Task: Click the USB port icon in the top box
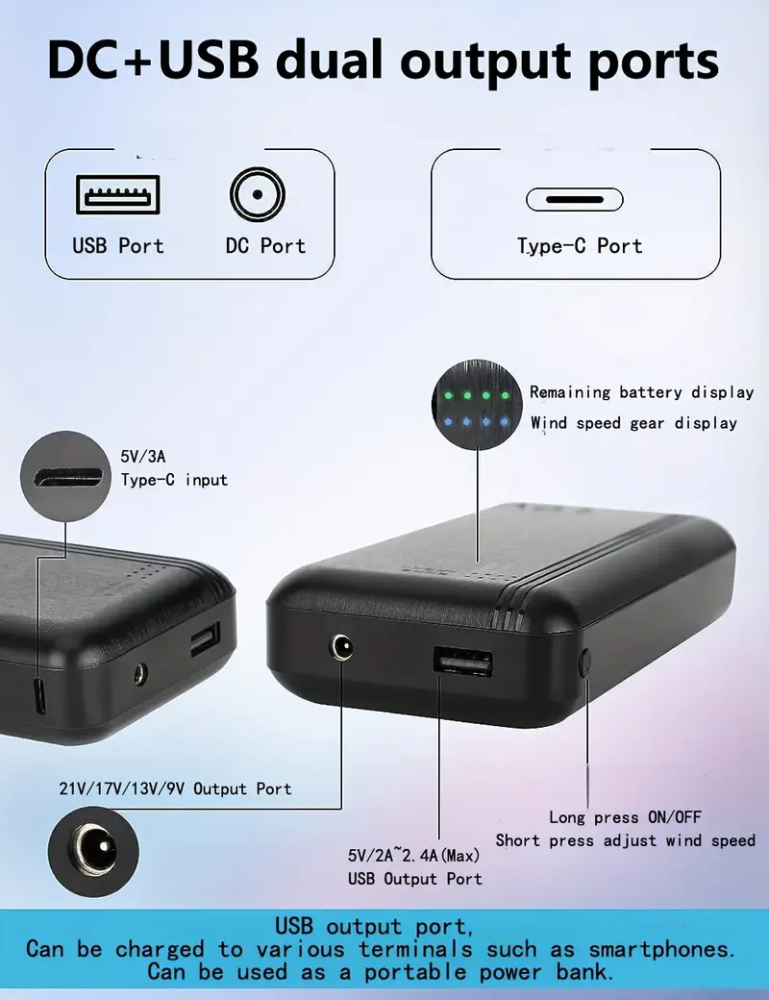[118, 194]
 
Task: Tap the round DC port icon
[258, 194]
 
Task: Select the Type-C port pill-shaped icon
[575, 200]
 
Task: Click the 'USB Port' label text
[118, 245]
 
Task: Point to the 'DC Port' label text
[266, 245]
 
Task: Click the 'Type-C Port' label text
[580, 246]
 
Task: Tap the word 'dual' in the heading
[330, 61]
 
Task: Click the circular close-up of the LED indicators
[477, 405]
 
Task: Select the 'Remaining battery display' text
[641, 392]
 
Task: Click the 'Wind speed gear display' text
[633, 423]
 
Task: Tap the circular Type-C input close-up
[65, 476]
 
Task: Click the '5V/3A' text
[143, 457]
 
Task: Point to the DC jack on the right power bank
[342, 647]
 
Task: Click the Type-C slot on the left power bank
[39, 696]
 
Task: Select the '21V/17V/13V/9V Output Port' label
[175, 788]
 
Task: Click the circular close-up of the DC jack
[93, 851]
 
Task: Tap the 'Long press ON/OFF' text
[625, 817]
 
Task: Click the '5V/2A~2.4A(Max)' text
[413, 855]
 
